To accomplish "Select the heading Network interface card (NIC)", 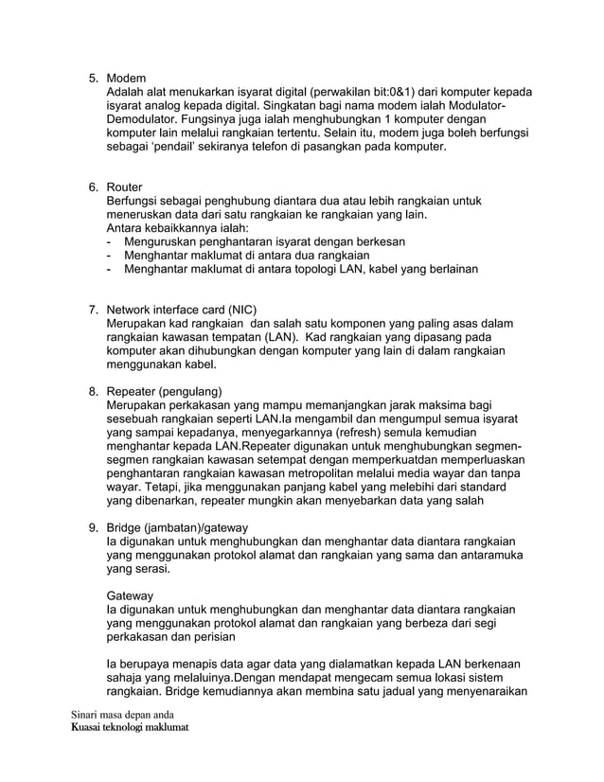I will [x=182, y=310].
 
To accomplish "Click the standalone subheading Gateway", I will [x=130, y=595].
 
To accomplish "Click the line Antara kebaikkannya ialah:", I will [x=177, y=228].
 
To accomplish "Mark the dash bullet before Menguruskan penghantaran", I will [x=111, y=242].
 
